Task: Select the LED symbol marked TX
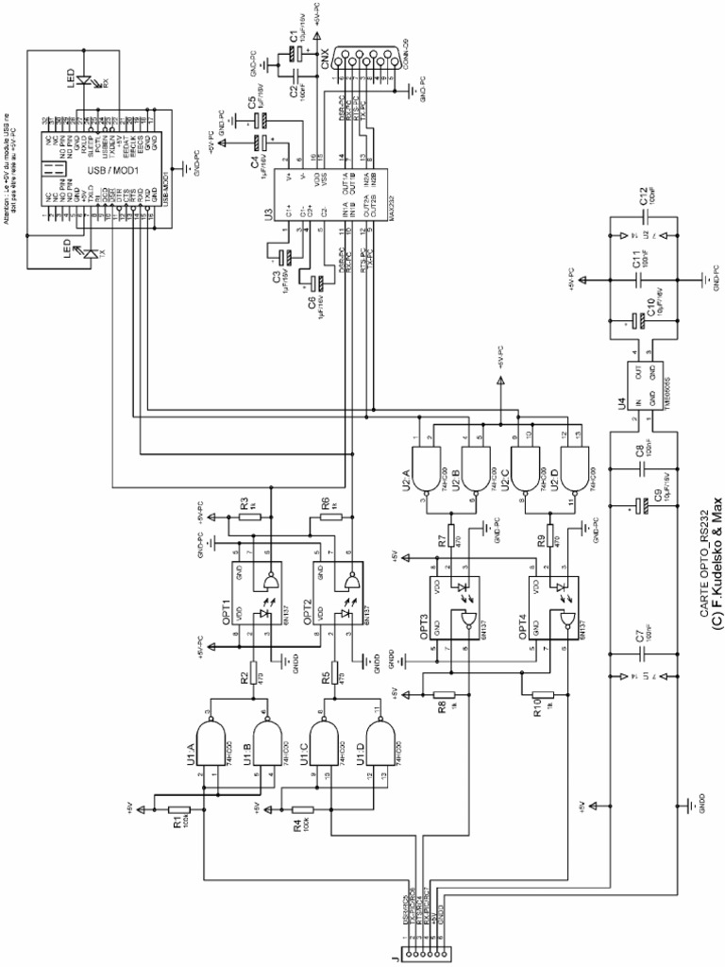(x=86, y=252)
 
